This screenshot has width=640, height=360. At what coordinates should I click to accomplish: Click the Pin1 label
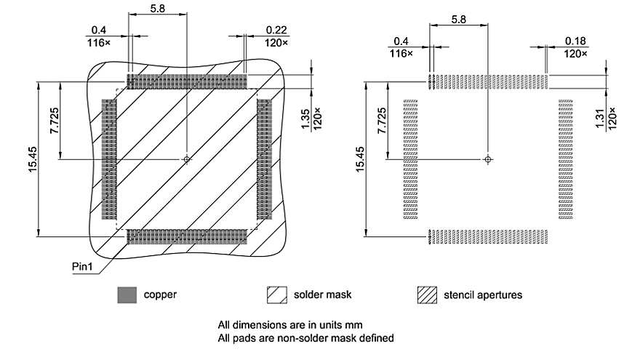[83, 265]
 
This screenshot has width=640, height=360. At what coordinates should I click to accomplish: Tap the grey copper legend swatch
[127, 295]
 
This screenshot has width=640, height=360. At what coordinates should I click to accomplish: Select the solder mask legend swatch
[276, 295]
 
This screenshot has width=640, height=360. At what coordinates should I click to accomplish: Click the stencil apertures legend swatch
[427, 295]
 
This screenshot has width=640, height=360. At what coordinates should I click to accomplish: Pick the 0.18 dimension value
[575, 40]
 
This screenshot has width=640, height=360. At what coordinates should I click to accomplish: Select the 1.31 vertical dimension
[600, 116]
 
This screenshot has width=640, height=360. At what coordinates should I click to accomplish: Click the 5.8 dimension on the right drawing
[459, 18]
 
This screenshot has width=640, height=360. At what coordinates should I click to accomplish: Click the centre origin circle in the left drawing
[187, 159]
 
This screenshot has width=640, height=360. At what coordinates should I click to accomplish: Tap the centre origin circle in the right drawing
[488, 159]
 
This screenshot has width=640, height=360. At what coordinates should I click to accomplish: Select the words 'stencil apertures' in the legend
[483, 295]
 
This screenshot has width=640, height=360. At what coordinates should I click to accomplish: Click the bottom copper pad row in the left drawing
[188, 236]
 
